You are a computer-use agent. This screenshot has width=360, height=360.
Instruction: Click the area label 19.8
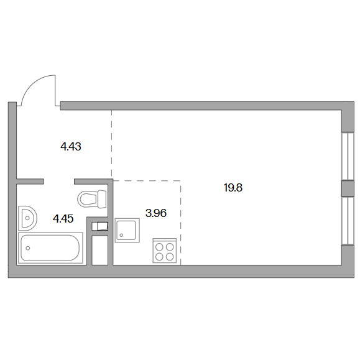(x=233, y=188)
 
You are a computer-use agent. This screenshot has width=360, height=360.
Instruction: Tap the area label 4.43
(x=71, y=147)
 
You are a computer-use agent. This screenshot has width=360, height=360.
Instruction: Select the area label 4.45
(x=63, y=219)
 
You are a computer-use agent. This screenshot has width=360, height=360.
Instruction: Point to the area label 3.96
(x=156, y=213)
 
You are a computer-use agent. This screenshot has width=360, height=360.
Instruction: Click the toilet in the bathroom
(x=92, y=199)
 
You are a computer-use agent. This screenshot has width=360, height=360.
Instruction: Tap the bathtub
(x=50, y=248)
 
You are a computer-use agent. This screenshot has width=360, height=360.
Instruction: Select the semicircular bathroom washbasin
(x=27, y=218)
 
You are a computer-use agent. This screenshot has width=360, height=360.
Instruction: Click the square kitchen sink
(x=127, y=230)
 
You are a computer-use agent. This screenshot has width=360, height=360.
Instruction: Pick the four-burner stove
(x=165, y=251)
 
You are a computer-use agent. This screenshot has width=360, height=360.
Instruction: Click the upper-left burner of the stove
(x=159, y=247)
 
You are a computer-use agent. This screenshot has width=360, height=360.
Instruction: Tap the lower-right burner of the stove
(x=170, y=257)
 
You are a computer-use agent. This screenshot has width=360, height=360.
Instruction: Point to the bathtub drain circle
(x=28, y=248)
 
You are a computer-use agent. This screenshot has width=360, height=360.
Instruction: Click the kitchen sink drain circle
(x=121, y=235)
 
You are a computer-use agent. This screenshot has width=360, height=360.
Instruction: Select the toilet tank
(x=102, y=199)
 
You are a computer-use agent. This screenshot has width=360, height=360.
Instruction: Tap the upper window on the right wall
(x=348, y=156)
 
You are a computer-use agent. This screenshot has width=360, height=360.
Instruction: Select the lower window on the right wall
(x=348, y=221)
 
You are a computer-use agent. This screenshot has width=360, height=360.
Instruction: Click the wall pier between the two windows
(x=348, y=188)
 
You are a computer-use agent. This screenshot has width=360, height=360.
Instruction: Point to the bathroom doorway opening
(x=59, y=182)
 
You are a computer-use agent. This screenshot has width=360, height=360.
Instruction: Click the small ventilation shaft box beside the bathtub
(x=100, y=226)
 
